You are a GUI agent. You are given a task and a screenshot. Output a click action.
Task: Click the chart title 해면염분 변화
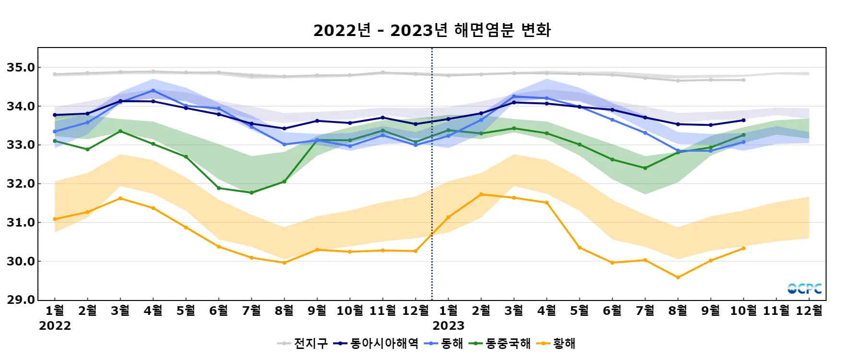[432, 30]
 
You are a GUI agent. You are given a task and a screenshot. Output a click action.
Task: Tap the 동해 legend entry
[444, 343]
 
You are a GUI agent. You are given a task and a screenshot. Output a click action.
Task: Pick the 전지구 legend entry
[302, 343]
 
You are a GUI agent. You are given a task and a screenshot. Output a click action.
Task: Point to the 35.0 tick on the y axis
[21, 68]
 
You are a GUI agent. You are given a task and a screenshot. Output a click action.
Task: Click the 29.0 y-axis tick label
[21, 300]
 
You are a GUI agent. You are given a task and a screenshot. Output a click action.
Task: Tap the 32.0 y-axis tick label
[21, 184]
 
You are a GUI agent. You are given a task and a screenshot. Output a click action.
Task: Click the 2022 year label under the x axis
[55, 326]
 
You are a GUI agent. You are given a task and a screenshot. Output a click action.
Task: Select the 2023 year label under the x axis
[448, 326]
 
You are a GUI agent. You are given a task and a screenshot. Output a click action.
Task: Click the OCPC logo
[804, 288]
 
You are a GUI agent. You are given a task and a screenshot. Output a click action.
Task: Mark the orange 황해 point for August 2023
[678, 277]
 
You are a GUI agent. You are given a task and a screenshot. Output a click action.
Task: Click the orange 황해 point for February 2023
[481, 194]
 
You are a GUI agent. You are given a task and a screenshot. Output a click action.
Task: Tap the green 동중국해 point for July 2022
[252, 192]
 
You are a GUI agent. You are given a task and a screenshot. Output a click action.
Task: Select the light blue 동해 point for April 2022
[153, 90]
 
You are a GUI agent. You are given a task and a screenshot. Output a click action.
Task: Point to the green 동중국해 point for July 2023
[645, 168]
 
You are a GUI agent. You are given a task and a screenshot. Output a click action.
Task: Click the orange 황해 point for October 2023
[744, 248]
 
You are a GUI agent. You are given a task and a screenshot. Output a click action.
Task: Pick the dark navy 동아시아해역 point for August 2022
[284, 129]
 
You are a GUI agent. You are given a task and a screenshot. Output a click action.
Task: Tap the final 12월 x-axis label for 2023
[809, 311]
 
